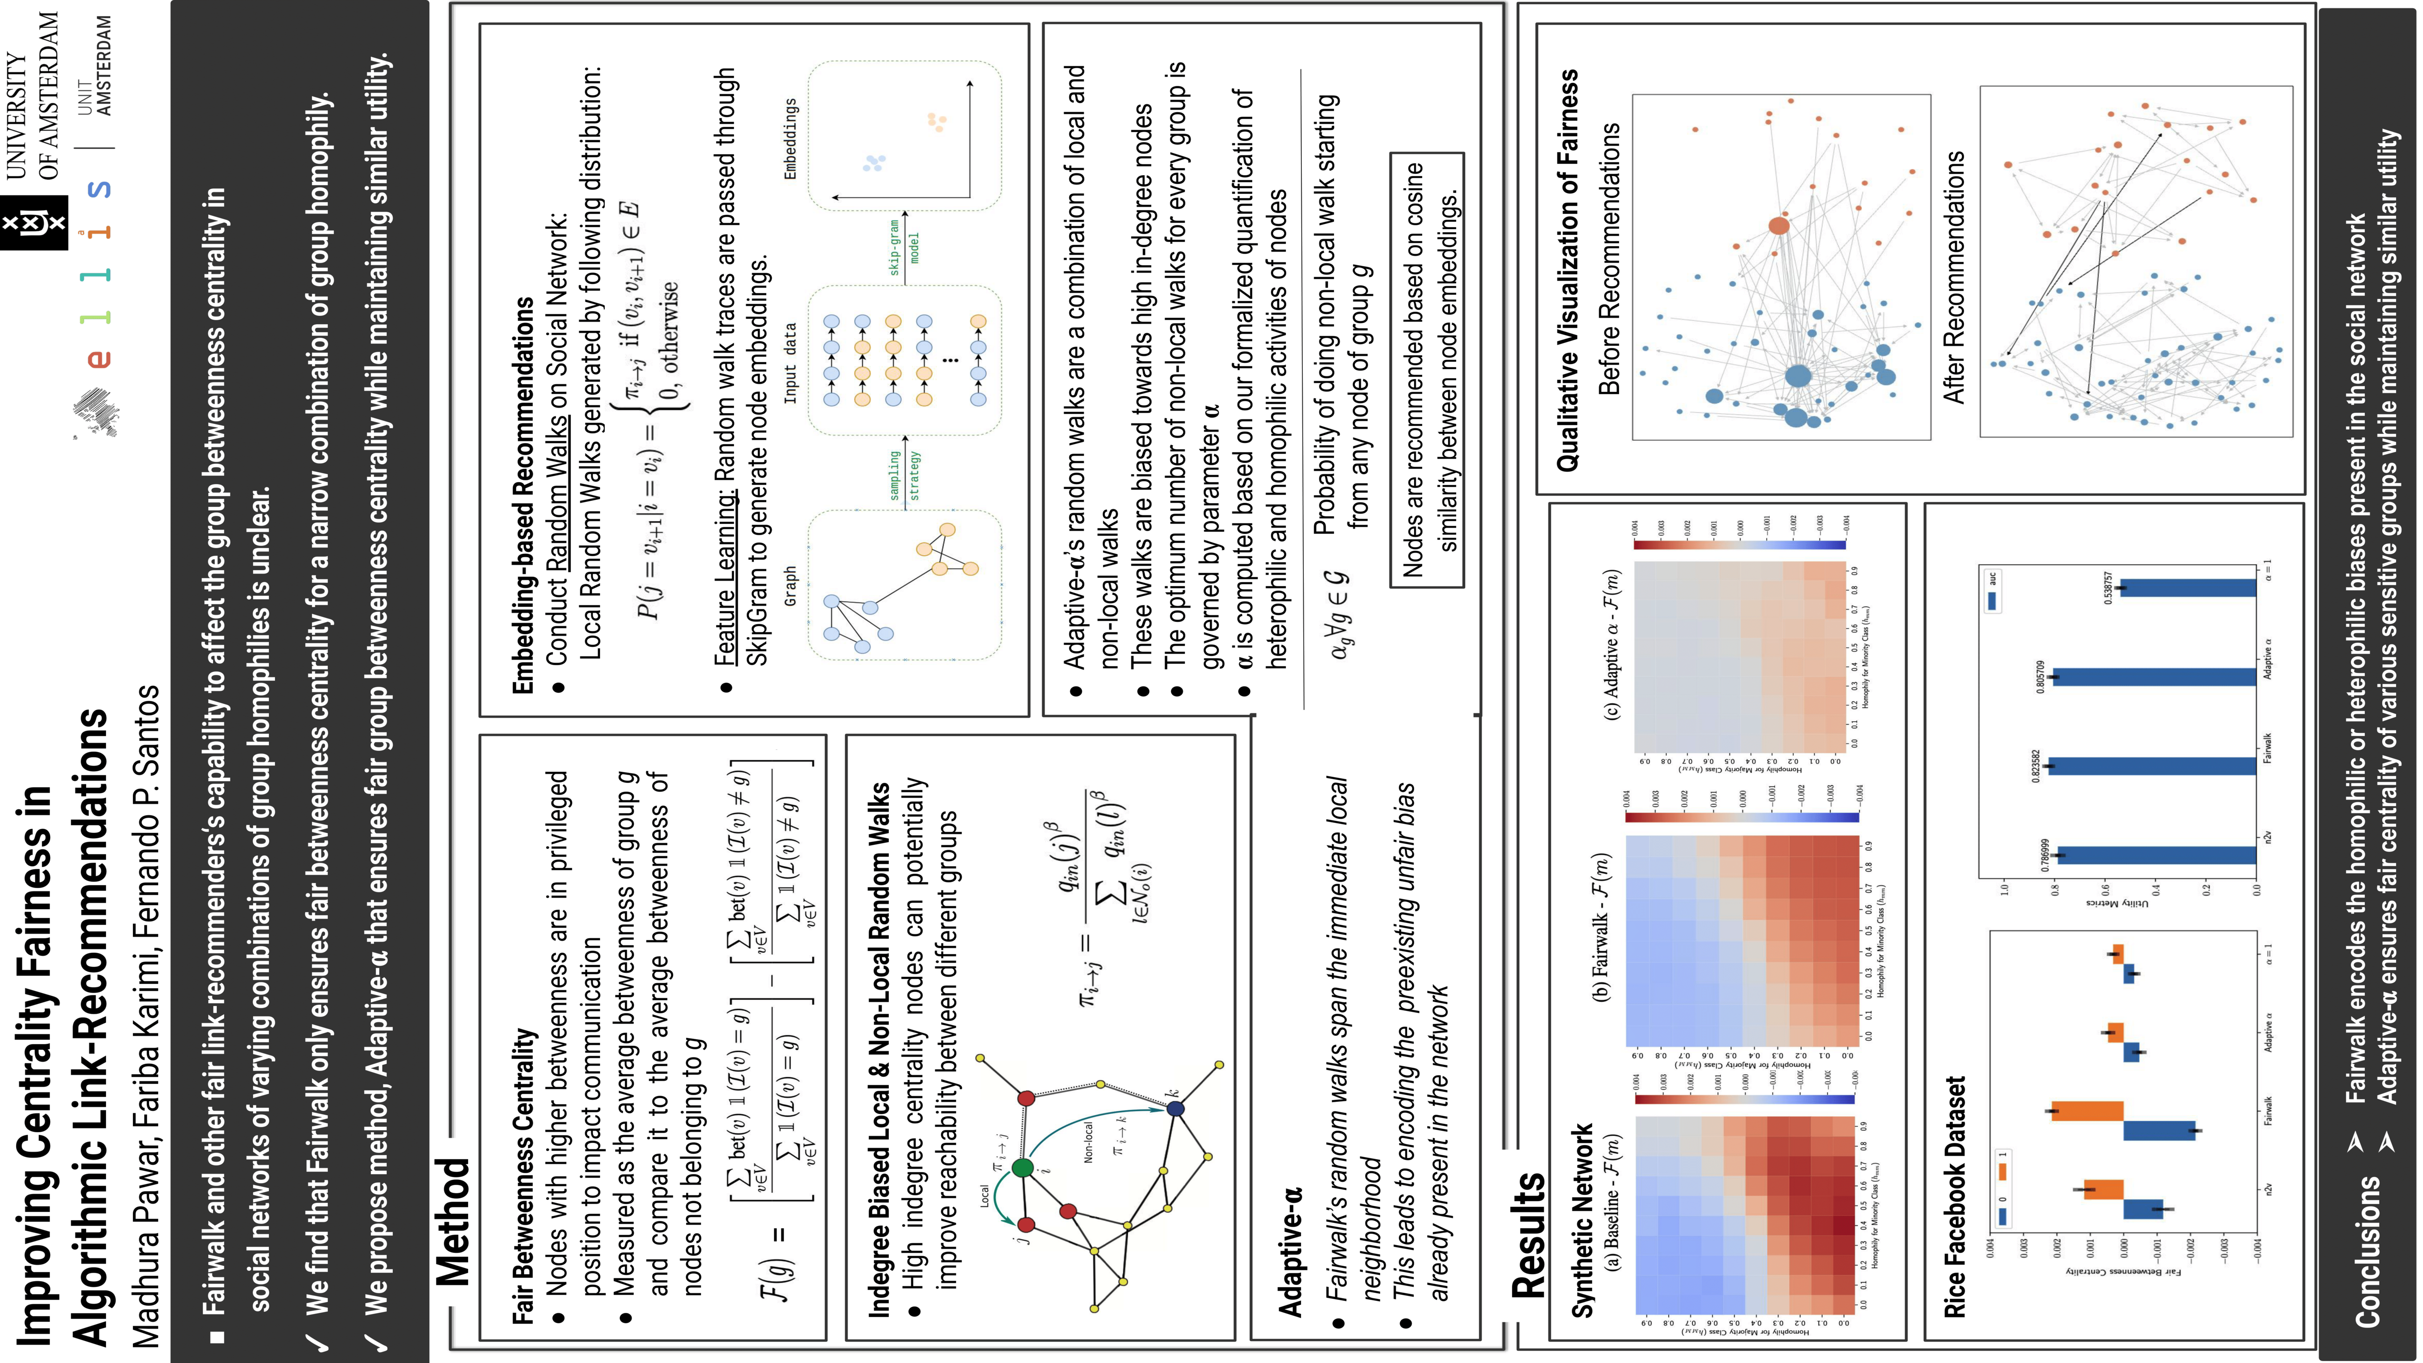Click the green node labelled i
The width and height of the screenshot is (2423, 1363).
point(1022,1168)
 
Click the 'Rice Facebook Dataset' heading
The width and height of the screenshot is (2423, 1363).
point(1954,1196)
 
